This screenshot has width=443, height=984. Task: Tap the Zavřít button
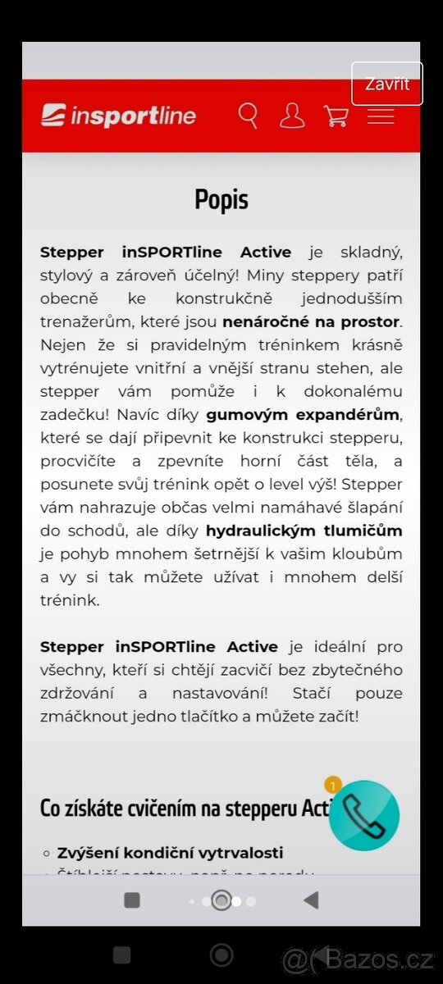(x=386, y=84)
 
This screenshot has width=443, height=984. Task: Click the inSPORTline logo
(x=119, y=116)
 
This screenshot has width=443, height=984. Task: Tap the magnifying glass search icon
(x=248, y=116)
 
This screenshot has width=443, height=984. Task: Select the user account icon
(x=291, y=116)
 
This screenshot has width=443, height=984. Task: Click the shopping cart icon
(x=336, y=116)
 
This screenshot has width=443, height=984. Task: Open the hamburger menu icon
(x=381, y=116)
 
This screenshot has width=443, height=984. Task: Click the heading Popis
(x=221, y=199)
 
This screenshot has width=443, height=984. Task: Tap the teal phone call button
(x=364, y=814)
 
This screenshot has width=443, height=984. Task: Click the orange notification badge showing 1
(x=332, y=785)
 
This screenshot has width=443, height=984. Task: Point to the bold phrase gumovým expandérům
(x=303, y=413)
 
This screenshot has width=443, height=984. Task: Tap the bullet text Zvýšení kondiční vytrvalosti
(x=170, y=854)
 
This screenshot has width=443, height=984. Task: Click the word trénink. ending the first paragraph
(x=70, y=600)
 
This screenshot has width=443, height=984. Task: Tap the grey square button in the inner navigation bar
(x=131, y=900)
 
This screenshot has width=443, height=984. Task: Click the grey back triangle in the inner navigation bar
(x=310, y=900)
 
